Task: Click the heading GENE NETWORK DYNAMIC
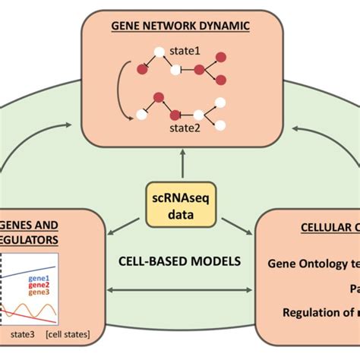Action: [x=180, y=25]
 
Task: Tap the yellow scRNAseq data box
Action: [x=180, y=206]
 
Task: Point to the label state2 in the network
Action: [x=185, y=129]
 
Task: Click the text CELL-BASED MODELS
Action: [x=180, y=261]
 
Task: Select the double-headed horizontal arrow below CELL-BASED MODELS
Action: [x=180, y=289]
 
